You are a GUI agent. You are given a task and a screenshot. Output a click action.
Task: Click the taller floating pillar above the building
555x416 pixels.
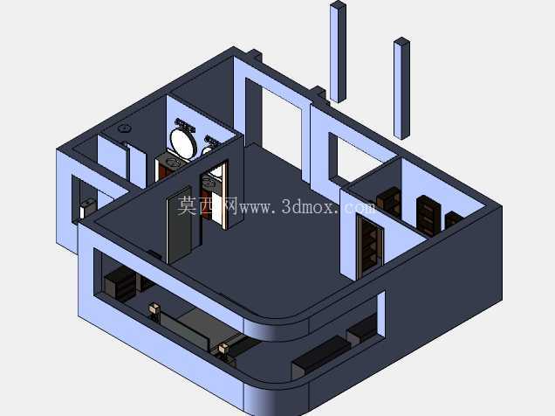click(x=338, y=52)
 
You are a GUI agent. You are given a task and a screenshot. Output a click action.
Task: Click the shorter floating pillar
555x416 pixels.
click(x=401, y=88)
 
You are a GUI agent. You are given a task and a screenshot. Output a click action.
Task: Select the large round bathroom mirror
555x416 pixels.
click(x=182, y=142)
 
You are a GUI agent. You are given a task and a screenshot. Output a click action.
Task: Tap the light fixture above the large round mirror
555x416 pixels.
click(x=185, y=126)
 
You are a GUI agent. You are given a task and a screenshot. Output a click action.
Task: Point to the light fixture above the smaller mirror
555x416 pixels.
click(x=212, y=141)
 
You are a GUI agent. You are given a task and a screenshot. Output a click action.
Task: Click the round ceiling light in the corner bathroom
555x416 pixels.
click(x=124, y=128)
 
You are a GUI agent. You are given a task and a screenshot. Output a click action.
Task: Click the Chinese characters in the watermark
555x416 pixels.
click(x=208, y=206)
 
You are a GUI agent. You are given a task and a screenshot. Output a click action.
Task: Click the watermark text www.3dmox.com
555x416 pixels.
click(x=307, y=207)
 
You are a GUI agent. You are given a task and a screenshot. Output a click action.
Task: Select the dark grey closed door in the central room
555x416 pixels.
click(x=180, y=225)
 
